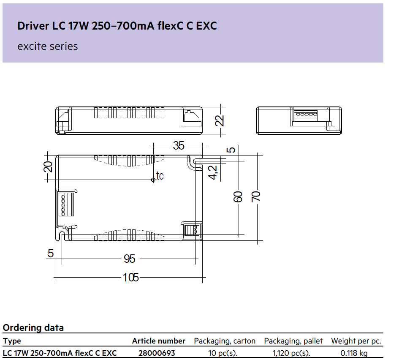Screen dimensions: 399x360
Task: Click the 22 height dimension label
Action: click(x=220, y=120)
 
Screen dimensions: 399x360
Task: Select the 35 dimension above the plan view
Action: click(x=178, y=146)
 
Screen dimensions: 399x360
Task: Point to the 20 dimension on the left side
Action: click(x=48, y=167)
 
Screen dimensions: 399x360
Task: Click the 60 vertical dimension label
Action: click(x=238, y=196)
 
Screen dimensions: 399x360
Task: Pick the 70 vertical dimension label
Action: click(x=256, y=196)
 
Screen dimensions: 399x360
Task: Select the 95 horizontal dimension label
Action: click(x=129, y=259)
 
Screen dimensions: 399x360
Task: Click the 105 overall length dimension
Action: click(x=130, y=278)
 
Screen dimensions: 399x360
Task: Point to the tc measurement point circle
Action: click(x=153, y=180)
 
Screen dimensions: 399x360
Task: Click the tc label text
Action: click(x=160, y=176)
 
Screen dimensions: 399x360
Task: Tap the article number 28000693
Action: click(x=157, y=353)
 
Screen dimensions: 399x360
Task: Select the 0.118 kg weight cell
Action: click(x=354, y=353)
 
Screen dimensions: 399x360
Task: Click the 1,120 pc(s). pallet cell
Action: click(x=291, y=353)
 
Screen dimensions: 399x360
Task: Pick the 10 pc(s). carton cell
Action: click(x=223, y=353)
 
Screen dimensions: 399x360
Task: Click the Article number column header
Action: click(x=158, y=341)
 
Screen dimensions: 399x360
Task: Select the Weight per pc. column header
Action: click(x=356, y=341)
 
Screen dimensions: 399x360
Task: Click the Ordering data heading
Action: click(x=33, y=327)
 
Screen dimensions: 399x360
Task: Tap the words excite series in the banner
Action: click(x=48, y=46)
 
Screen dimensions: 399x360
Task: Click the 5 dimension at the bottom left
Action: click(x=51, y=254)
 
